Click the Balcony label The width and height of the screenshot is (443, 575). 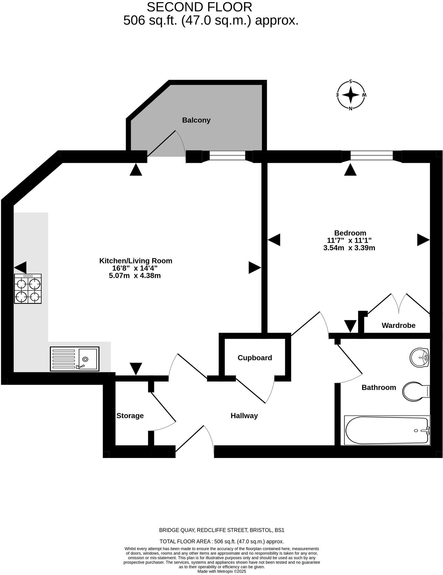[196, 120]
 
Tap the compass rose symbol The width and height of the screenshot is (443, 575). [351, 95]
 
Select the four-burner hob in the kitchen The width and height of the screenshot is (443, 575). [28, 289]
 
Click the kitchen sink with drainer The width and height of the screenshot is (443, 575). [74, 359]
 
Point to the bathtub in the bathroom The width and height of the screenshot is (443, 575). [387, 430]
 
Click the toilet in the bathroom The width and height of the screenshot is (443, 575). [416, 391]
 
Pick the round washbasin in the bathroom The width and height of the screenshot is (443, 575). [419, 358]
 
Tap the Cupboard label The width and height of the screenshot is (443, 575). [255, 358]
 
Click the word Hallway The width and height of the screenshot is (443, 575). [244, 416]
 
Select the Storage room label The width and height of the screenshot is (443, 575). [130, 416]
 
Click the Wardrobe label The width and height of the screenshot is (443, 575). [398, 325]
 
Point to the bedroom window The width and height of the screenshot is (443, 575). [372, 156]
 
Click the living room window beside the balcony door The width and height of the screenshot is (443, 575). [227, 156]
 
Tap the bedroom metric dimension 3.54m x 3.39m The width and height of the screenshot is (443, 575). [349, 248]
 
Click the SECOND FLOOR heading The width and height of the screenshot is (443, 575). [200, 7]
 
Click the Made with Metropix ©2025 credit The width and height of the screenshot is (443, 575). [222, 571]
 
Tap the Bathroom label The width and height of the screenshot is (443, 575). [379, 387]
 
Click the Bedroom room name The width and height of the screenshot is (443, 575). [350, 233]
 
